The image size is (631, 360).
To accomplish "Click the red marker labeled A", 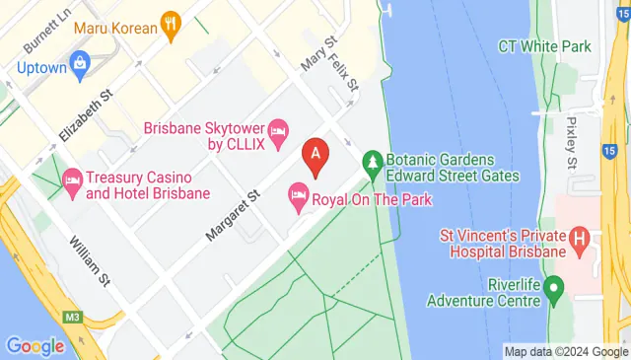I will (x=315, y=156).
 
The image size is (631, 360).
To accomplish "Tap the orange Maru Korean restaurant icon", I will (x=173, y=27).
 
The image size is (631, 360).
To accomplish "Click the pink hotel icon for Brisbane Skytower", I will (x=279, y=129).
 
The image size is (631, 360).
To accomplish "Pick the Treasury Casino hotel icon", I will (x=71, y=179).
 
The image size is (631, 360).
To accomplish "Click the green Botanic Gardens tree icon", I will (x=373, y=159).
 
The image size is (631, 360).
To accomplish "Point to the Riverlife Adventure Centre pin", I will (x=554, y=290).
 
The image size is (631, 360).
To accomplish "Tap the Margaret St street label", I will (x=232, y=215).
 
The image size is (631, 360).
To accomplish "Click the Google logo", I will (x=35, y=345).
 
